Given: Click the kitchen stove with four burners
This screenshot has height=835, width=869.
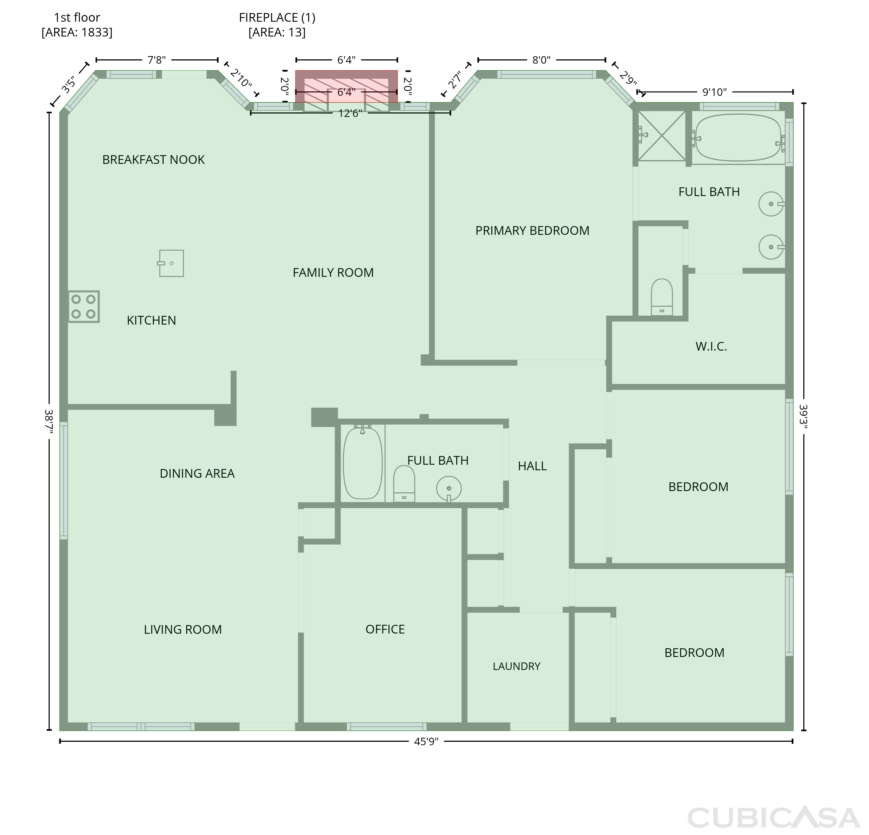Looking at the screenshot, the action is click(x=83, y=306).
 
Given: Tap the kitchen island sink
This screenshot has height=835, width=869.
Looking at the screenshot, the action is click(x=171, y=263).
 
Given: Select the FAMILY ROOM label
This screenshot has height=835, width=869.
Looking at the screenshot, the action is click(x=333, y=272).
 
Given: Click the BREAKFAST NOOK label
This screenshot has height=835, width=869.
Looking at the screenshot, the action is click(x=154, y=160).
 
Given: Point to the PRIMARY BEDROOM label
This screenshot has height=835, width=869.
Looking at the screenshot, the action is click(x=532, y=230).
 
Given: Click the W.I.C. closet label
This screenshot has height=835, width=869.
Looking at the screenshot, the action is click(x=711, y=347).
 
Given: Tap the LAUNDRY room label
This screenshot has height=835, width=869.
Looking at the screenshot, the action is click(x=516, y=666).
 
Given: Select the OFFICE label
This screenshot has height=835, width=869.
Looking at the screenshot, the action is click(x=385, y=629).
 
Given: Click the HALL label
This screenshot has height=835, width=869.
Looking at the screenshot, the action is click(x=532, y=466).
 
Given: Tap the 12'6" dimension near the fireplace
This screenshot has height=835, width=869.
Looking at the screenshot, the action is click(x=350, y=113).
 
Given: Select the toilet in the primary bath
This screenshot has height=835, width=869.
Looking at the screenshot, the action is click(x=662, y=297).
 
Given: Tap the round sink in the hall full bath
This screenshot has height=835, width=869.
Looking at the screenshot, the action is click(x=449, y=489).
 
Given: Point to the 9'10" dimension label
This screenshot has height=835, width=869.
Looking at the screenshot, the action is click(x=715, y=92).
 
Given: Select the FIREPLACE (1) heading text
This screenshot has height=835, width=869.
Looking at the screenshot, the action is click(x=277, y=18).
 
